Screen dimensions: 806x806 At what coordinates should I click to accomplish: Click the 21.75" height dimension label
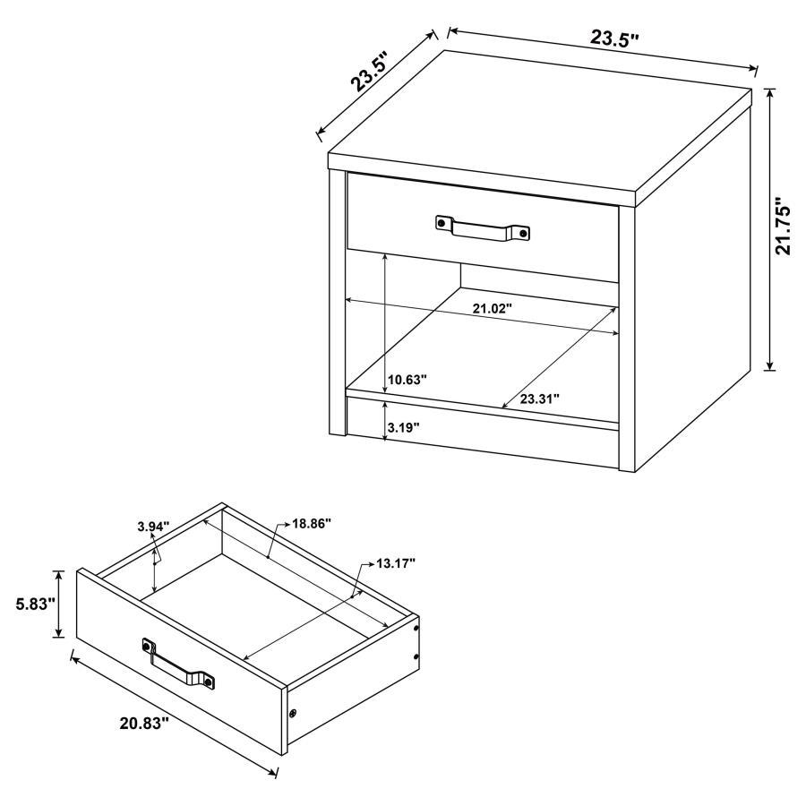click(785, 227)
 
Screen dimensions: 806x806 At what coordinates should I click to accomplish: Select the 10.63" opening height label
click(407, 379)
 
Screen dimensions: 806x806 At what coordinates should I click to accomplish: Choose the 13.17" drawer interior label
click(395, 563)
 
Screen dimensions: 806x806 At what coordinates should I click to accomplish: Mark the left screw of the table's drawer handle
click(442, 220)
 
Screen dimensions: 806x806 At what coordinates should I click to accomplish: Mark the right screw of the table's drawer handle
click(525, 233)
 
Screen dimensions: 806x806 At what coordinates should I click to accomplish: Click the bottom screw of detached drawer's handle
click(210, 683)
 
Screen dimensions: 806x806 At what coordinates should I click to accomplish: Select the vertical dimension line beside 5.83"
click(60, 604)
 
